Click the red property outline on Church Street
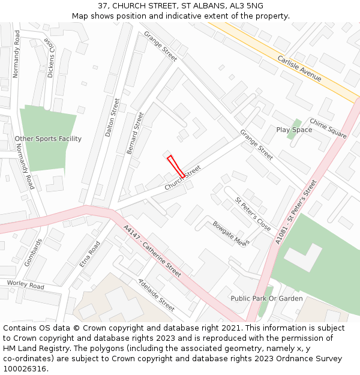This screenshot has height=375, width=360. point(175,166)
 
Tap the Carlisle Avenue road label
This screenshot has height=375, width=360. point(299,68)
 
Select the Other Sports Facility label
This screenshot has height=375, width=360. point(48,139)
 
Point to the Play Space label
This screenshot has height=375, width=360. point(294,130)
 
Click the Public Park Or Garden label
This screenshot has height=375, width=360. point(266,298)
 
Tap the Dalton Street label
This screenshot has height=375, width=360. point(112,118)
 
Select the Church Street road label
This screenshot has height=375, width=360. point(182,178)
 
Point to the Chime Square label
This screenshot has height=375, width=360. point(328,128)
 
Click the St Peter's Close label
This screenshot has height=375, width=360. point(253,214)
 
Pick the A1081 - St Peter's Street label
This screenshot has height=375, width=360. point(296,211)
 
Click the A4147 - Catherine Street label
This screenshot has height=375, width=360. point(152,251)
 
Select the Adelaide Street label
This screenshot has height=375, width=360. point(156,295)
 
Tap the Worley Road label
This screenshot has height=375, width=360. point(26,284)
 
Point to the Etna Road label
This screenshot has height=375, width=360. point(89,254)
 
